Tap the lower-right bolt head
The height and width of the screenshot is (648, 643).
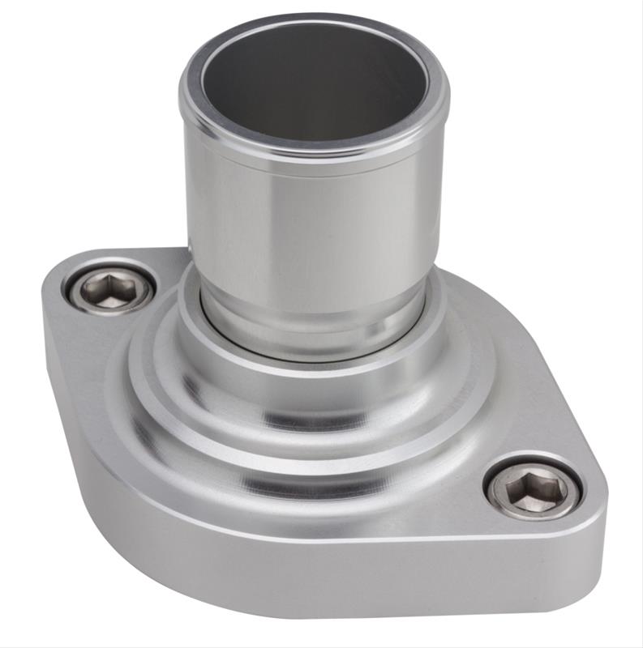point(534,488)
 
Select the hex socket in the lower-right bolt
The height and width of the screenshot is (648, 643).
point(534,488)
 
